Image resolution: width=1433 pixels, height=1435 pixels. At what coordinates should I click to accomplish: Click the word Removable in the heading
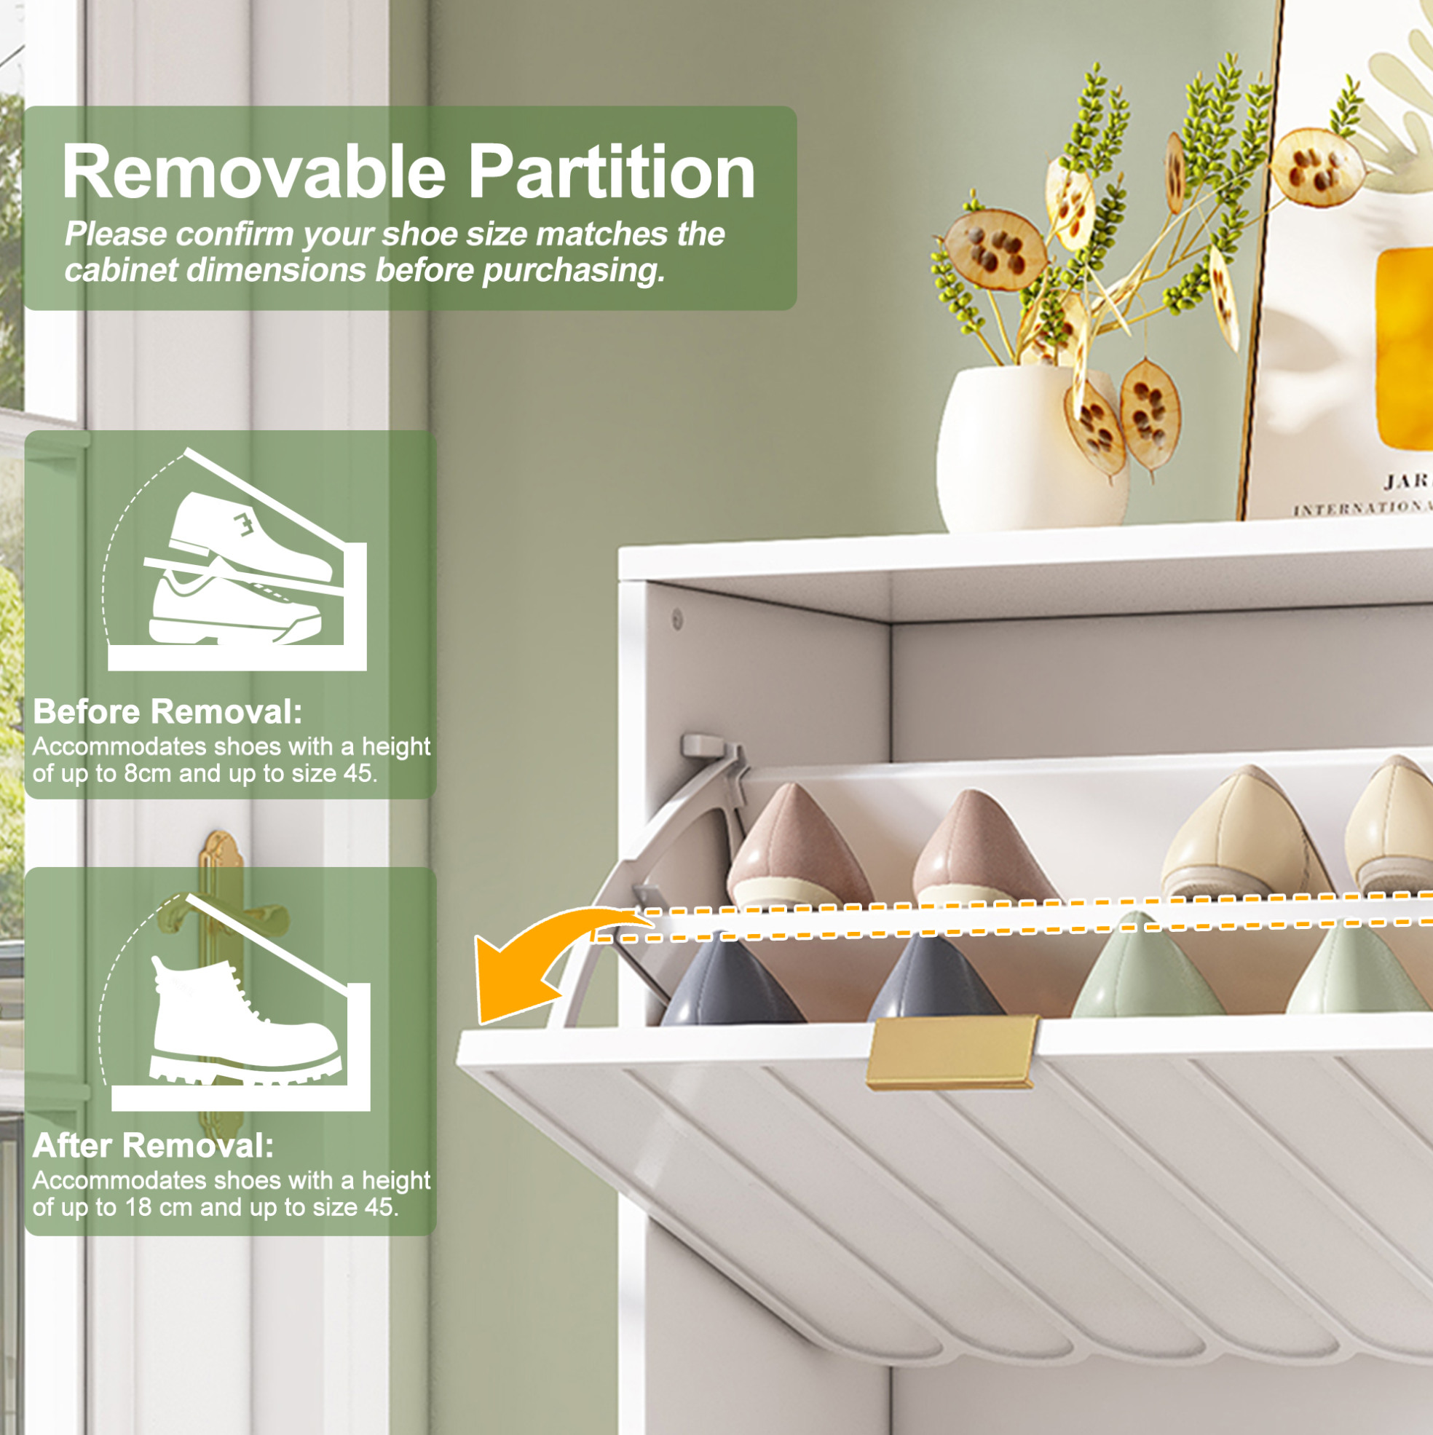(254, 172)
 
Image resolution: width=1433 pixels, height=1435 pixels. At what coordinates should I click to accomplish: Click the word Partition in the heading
(612, 172)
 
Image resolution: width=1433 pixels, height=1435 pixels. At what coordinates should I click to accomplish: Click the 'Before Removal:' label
(168, 711)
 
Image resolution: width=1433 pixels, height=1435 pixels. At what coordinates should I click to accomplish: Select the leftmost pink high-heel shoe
(799, 846)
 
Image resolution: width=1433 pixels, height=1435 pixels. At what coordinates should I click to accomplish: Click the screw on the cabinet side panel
(677, 617)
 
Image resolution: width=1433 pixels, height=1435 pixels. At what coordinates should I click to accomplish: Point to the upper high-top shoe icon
(249, 533)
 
